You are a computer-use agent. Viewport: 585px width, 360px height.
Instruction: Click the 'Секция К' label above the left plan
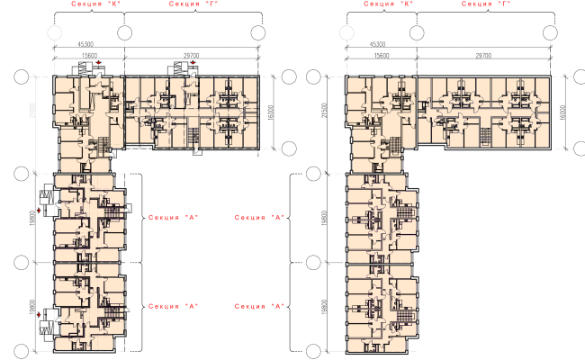pos(78,4)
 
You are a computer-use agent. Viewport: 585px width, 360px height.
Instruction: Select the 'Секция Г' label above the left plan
pos(190,4)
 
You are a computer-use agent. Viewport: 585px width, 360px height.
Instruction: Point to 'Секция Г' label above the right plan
pos(482,4)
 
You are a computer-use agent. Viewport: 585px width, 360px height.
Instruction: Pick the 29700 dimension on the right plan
pos(489,57)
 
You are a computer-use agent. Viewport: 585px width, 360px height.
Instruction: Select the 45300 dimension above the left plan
pos(86,43)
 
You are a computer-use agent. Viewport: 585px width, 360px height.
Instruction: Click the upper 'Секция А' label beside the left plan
pos(173,217)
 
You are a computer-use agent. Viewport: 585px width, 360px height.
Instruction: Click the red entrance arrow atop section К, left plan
pos(98,62)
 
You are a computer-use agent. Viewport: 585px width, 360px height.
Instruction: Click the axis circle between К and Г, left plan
pos(119,33)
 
